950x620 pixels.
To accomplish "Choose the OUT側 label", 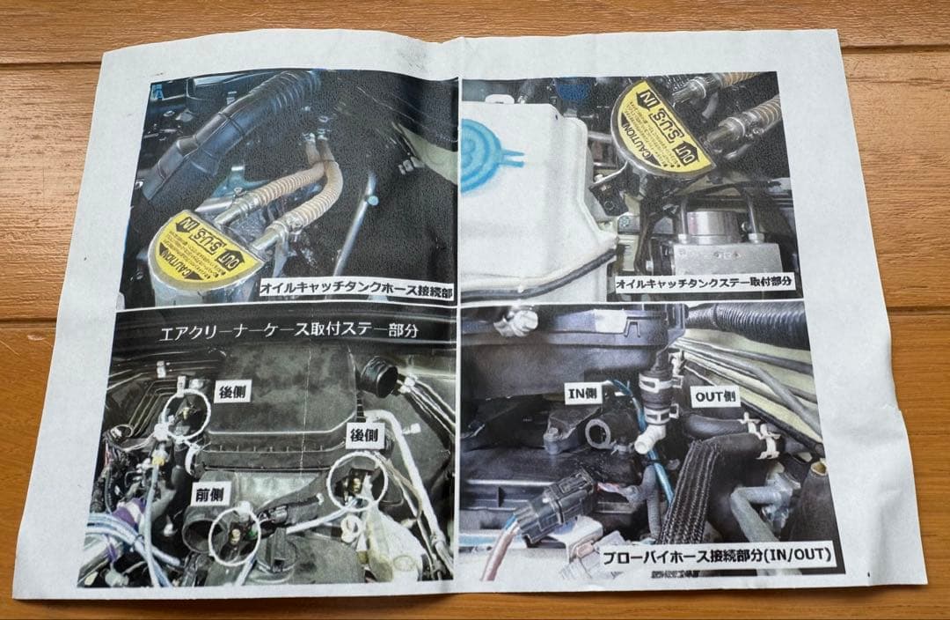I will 714,397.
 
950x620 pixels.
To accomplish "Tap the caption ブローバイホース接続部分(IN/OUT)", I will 718,556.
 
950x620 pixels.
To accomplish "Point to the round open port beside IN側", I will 598,432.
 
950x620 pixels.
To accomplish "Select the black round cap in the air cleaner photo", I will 379,378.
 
